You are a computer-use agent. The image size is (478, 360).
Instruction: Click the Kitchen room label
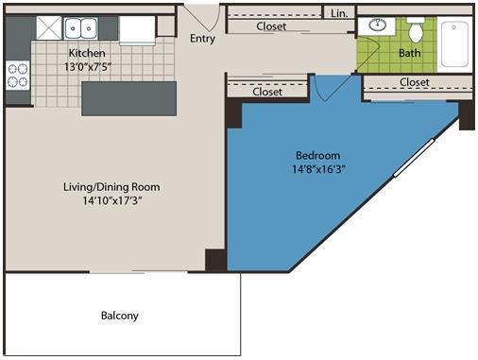87,53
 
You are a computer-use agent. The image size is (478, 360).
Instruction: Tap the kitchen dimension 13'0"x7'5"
88,67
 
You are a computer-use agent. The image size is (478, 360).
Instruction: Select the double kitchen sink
80,28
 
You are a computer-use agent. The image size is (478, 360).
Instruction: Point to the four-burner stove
18,75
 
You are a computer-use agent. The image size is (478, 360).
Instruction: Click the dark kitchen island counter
128,98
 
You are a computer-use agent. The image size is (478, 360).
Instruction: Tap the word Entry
202,39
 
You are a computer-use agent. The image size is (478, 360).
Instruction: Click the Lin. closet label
339,13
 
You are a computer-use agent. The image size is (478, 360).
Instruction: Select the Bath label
409,53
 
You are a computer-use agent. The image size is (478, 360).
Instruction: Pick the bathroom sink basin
378,25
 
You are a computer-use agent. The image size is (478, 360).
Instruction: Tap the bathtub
454,43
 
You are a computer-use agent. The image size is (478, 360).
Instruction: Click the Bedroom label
317,155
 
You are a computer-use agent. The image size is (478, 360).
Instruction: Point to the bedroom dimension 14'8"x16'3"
318,169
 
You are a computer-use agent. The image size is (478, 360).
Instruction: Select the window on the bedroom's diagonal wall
414,158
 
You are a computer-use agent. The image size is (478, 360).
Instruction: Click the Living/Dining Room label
111,187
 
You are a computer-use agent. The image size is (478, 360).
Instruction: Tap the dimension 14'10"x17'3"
112,200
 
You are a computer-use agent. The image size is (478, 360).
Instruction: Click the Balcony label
120,316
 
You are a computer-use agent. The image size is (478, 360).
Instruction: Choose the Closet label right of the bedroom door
415,82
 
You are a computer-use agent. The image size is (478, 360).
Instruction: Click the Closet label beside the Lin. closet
271,26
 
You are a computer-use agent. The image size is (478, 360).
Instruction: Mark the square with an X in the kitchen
49,28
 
